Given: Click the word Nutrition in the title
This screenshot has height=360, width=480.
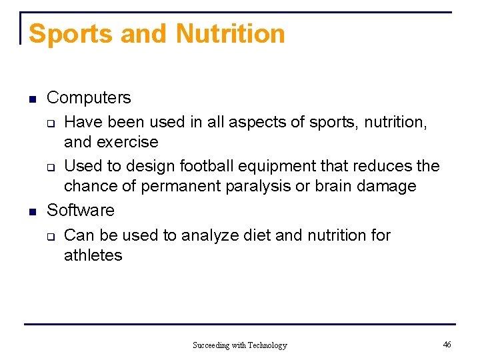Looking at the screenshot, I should coord(230,33).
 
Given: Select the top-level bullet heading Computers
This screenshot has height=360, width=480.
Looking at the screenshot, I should coord(89,98).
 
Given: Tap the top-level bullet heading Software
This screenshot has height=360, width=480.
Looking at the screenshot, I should coord(80,211).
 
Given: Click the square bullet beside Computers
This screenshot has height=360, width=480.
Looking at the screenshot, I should coord(31,100).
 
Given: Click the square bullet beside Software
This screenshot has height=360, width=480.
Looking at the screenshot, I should coord(31,213).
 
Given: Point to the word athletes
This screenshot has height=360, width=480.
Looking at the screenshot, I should coord(93,255).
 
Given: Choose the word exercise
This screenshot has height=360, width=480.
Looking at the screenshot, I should coord(127,143).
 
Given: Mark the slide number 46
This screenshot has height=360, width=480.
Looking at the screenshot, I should coord(447,344).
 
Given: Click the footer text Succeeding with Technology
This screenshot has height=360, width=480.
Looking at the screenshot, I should coord(239,345).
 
